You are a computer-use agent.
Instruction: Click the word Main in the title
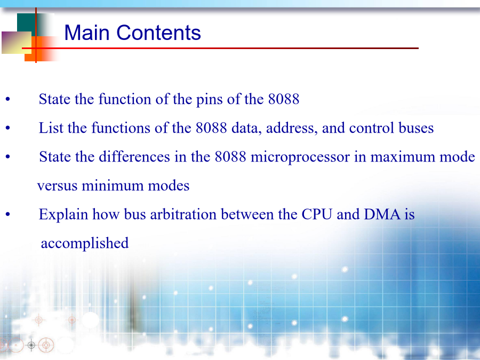(87, 33)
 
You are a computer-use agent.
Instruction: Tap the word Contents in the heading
(158, 33)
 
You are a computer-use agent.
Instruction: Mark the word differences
(134, 157)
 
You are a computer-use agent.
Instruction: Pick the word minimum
(113, 186)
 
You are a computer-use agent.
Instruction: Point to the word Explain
(63, 214)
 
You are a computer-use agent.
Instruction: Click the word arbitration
(183, 214)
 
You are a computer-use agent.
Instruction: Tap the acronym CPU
(317, 214)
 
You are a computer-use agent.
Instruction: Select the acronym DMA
(382, 214)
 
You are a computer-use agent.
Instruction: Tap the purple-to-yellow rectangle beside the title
(17, 43)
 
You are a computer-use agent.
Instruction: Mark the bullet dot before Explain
(7, 214)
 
